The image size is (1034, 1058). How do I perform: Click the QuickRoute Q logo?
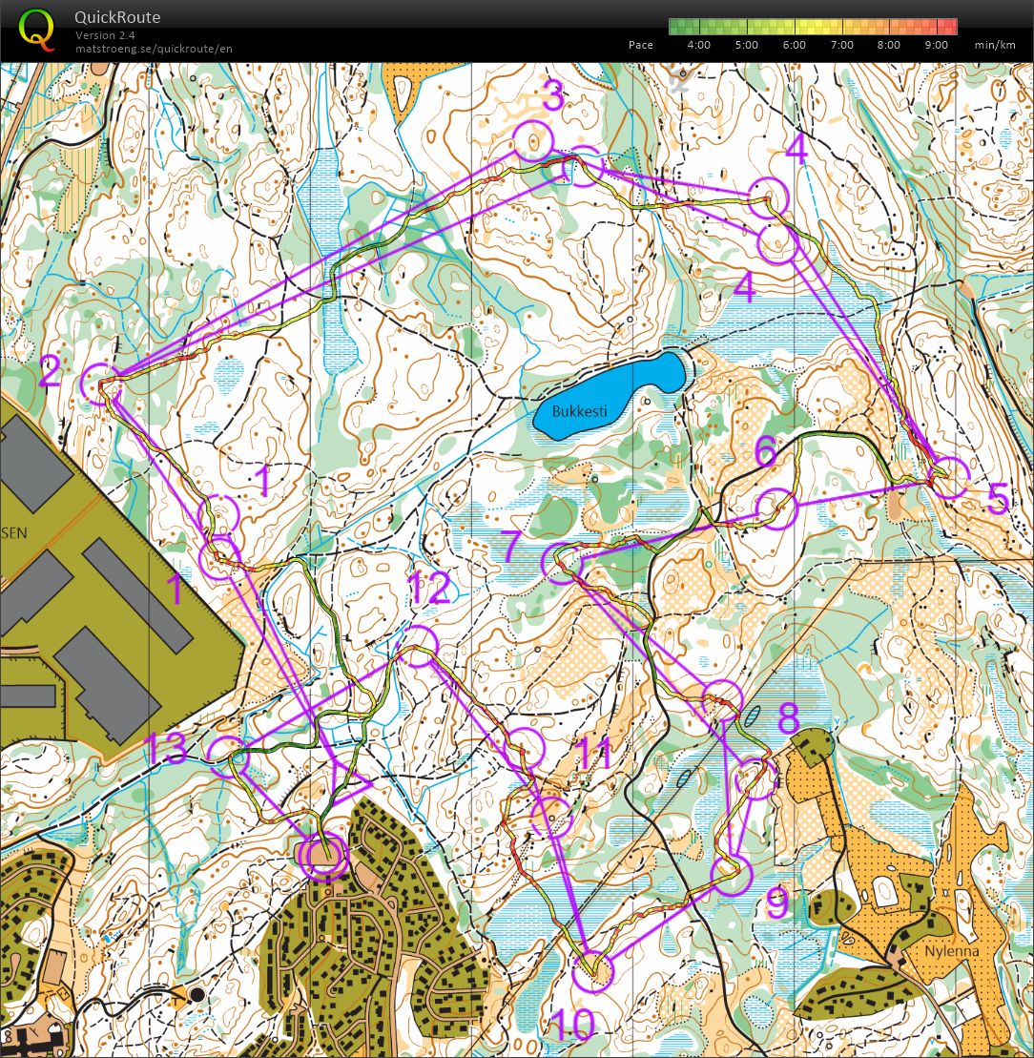[x=36, y=28]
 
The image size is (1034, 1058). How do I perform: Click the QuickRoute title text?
[x=117, y=17]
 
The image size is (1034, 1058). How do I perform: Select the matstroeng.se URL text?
[x=154, y=49]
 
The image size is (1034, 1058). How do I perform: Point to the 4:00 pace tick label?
[x=698, y=45]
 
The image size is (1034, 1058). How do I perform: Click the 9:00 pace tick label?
[x=937, y=45]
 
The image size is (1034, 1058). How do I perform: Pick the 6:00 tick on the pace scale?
[x=794, y=45]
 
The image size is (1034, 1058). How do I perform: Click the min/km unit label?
[x=993, y=45]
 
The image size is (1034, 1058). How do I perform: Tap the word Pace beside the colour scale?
[x=641, y=45]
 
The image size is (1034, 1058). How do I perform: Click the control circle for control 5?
[x=949, y=477]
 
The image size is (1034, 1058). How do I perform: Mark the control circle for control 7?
[x=563, y=563]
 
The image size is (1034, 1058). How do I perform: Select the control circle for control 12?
[x=417, y=646]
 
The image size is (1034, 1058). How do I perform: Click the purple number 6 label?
[x=766, y=450]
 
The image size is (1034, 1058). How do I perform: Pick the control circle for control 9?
[x=732, y=875]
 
